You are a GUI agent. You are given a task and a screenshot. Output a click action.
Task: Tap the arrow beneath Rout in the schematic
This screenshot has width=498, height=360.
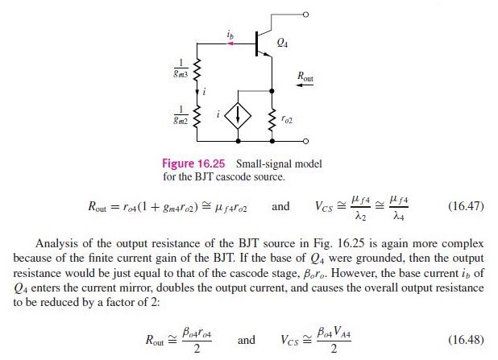coord(306,88)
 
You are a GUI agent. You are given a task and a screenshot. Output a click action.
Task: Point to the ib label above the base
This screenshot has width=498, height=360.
coord(230,34)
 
